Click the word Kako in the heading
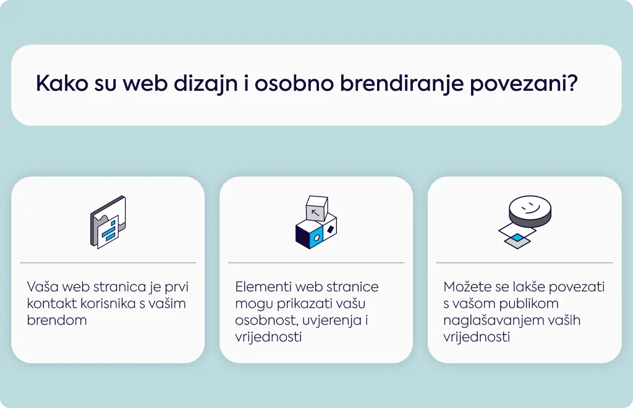pos(62,83)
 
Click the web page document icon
pos(108,222)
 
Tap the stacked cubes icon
pos(316,222)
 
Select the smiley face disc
pos(530,211)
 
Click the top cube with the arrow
pos(317,208)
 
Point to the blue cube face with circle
pos(317,238)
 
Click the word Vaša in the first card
pos(43,287)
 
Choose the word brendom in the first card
pos(57,320)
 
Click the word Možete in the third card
pos(468,287)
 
